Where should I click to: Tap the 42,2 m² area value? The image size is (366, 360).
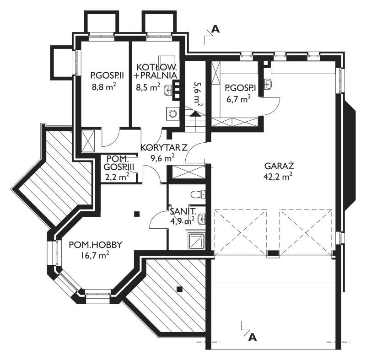278,176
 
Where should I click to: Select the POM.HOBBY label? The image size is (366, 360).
96,245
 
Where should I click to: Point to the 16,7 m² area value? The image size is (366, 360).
95,255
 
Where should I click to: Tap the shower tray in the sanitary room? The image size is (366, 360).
197,241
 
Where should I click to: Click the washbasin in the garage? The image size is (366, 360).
268,84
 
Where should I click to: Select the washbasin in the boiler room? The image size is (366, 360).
168,90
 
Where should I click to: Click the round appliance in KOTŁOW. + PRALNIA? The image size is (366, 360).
173,113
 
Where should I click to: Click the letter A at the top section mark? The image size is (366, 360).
215,29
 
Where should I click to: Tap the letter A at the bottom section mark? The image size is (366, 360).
253,337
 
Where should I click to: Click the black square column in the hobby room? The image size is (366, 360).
137,214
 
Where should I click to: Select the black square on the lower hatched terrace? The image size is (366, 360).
179,289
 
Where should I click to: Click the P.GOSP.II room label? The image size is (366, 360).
107,75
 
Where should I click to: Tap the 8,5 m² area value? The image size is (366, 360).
148,87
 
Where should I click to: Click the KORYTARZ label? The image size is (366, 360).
164,148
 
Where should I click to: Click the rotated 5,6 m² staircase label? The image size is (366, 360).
198,94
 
